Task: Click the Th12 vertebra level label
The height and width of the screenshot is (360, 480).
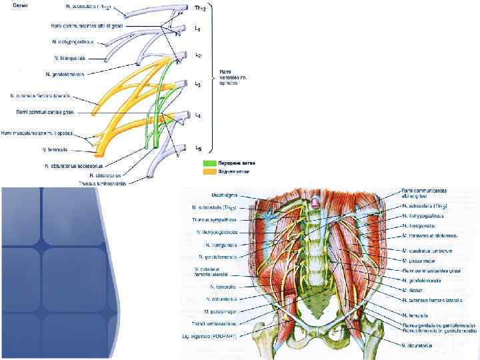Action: click(x=199, y=9)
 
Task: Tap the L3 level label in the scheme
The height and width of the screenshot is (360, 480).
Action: click(x=197, y=85)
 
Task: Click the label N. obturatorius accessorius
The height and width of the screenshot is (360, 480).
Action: click(x=74, y=165)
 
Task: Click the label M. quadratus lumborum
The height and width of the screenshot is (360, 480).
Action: click(x=427, y=250)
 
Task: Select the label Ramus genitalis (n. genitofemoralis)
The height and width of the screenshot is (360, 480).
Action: click(x=439, y=324)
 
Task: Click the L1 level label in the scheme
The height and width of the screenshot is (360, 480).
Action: click(x=197, y=29)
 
